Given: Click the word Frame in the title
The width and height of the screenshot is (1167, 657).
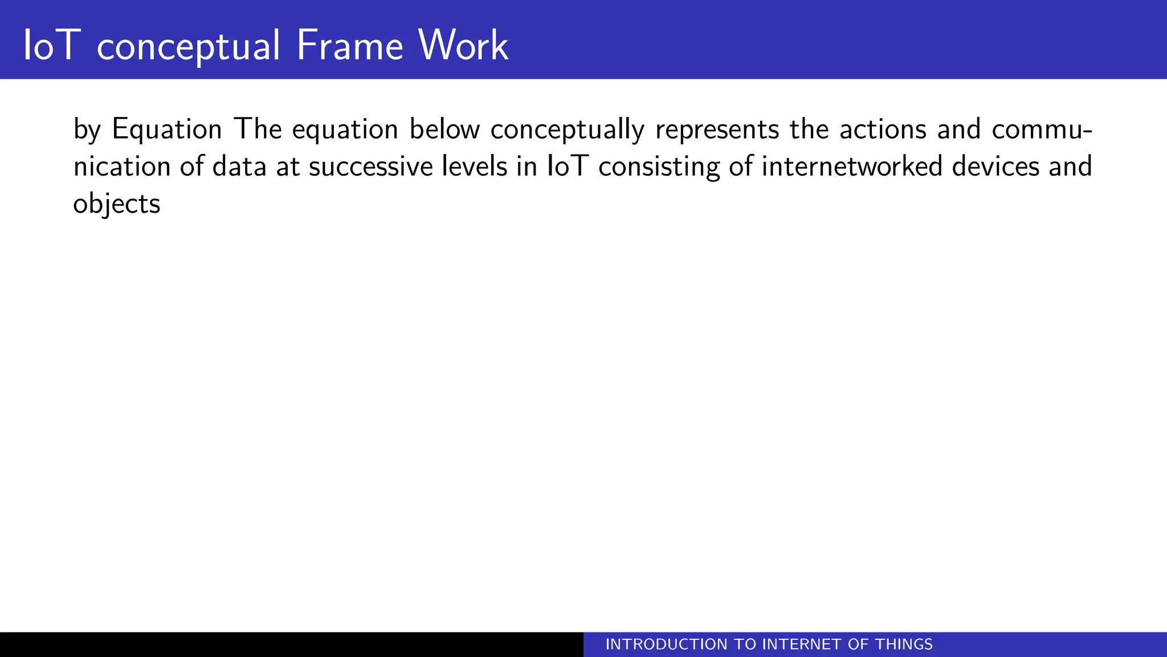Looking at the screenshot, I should (350, 46).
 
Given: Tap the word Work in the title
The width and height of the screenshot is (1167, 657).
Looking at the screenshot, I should (463, 46).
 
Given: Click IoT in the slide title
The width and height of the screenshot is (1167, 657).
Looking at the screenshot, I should (49, 46).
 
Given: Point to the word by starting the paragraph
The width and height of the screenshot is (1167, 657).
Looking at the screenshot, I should (87, 130).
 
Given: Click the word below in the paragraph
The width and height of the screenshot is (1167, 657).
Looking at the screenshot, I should (444, 129).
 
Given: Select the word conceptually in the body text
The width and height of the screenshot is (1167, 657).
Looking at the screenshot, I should (567, 130).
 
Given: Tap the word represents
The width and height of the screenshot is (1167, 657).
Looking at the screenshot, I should (717, 130).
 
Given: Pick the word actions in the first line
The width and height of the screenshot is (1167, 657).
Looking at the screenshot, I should (883, 129).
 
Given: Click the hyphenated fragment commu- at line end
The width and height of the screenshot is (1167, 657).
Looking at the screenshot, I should (1042, 129).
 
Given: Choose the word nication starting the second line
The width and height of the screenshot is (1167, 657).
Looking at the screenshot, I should (122, 167).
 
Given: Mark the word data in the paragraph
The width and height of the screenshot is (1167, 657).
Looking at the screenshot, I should (239, 167).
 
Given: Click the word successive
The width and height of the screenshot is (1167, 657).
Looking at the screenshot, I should (371, 167).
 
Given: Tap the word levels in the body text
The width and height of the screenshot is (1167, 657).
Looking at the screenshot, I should (474, 167).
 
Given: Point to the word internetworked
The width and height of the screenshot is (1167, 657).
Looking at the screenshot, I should (852, 167).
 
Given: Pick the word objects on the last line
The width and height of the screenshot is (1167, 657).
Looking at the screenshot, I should (117, 204).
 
